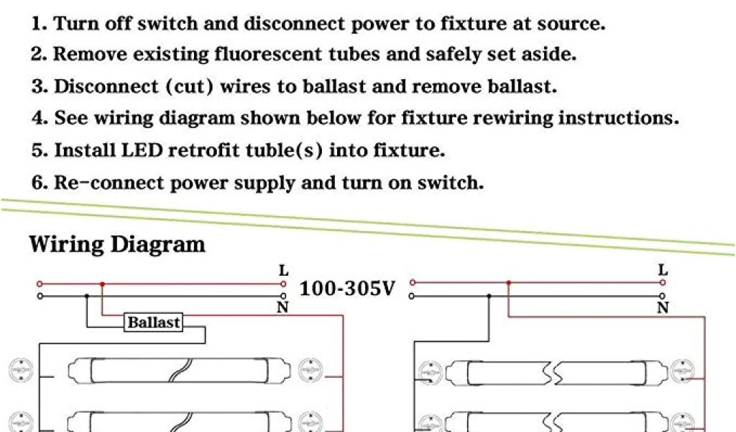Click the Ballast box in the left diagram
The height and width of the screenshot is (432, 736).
tap(153, 323)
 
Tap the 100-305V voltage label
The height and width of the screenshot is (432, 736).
tap(347, 289)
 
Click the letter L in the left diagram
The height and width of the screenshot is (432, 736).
tap(284, 271)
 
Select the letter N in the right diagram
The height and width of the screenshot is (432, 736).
tap(663, 308)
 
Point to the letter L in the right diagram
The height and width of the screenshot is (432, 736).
tap(663, 271)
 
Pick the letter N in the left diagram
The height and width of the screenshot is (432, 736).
tap(283, 308)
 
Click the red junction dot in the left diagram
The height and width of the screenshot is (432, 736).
tap(102, 284)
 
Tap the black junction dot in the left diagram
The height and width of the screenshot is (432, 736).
tap(87, 295)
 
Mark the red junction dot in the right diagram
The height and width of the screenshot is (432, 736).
tap(508, 283)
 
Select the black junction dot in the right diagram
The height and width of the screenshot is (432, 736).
tap(490, 295)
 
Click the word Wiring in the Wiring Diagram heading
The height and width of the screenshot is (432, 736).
tap(65, 245)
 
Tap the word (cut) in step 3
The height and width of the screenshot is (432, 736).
tap(190, 87)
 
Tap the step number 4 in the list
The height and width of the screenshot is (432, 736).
tap(38, 119)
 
